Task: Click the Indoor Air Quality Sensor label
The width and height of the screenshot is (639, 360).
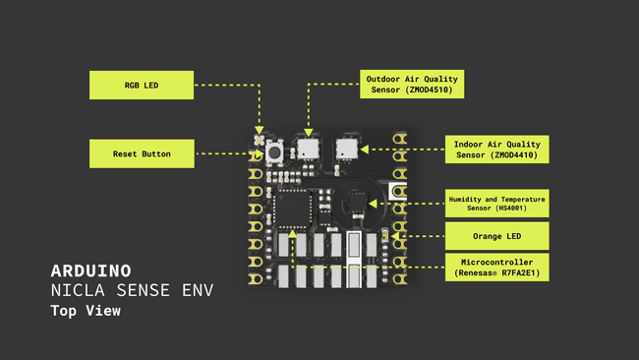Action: point(497,150)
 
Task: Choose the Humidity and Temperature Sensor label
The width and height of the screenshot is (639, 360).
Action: point(497,204)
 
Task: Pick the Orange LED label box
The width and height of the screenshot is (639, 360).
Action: point(497,236)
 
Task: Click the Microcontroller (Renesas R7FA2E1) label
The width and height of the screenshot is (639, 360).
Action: point(497,268)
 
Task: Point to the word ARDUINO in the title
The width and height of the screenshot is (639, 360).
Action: point(90,269)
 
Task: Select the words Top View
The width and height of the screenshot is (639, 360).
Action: point(86,312)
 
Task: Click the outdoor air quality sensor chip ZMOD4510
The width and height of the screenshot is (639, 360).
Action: point(309,149)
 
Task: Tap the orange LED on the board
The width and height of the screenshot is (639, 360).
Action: point(384,236)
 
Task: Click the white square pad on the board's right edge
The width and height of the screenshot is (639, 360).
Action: point(397,192)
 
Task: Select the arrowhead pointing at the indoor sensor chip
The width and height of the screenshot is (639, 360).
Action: point(363,150)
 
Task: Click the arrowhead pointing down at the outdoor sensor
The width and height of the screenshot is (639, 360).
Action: point(309,131)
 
